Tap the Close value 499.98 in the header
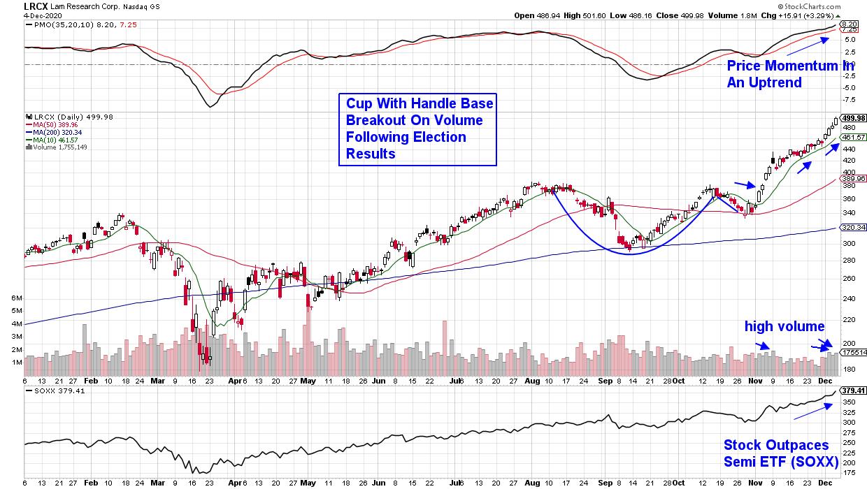click(x=671, y=15)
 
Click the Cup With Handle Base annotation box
click(x=417, y=129)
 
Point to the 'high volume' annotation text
click(x=784, y=326)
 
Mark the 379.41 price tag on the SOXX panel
click(x=854, y=391)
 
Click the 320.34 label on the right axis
click(x=854, y=227)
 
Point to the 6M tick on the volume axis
click(x=17, y=298)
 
